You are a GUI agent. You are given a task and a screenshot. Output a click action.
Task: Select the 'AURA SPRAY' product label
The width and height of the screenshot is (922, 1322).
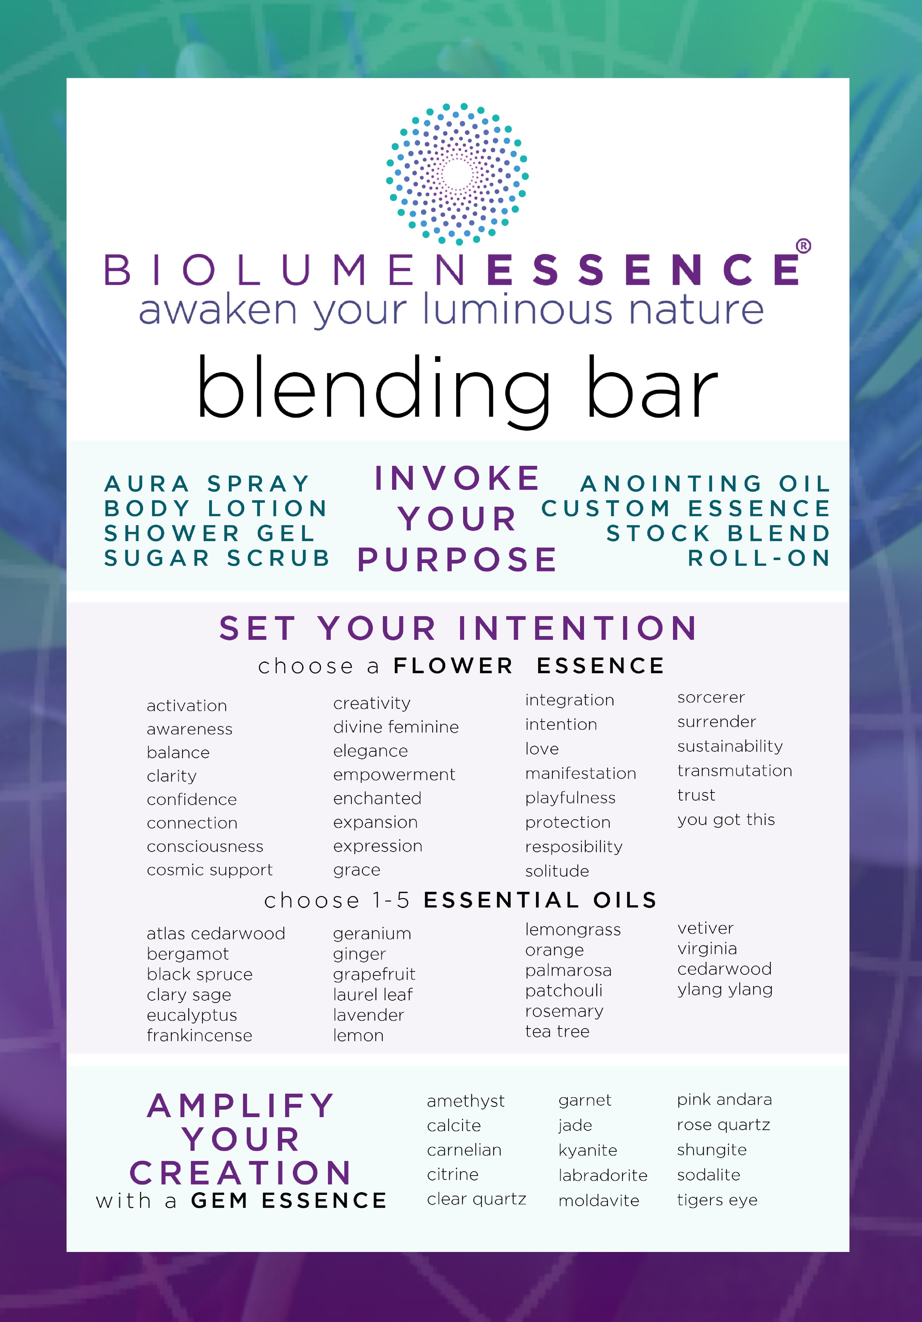click(x=207, y=484)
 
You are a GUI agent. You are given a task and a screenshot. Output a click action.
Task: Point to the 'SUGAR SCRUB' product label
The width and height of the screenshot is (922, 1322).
click(x=217, y=558)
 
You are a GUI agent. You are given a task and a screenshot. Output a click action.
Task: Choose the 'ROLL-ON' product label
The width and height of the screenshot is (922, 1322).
click(x=759, y=558)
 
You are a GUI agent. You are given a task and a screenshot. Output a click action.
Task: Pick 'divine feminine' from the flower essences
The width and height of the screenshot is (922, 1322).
click(x=396, y=727)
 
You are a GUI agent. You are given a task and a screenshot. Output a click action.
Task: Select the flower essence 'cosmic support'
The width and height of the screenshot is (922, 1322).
click(x=210, y=870)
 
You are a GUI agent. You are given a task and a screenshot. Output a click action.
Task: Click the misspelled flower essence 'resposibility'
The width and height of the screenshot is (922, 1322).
click(x=574, y=847)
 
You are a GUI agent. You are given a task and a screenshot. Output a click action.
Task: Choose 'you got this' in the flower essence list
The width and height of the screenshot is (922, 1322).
click(x=726, y=820)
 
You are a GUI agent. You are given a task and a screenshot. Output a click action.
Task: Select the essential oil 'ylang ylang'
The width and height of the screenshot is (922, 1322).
click(x=725, y=990)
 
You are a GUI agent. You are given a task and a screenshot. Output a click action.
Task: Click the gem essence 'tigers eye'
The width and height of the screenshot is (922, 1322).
click(x=717, y=1200)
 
